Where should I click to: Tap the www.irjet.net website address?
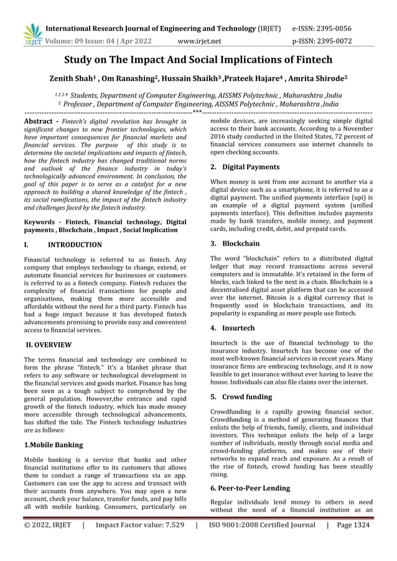click(x=199, y=42)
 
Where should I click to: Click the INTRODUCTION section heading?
click(x=75, y=245)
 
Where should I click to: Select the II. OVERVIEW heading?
click(x=48, y=345)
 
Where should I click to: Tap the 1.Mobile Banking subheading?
click(x=53, y=445)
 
